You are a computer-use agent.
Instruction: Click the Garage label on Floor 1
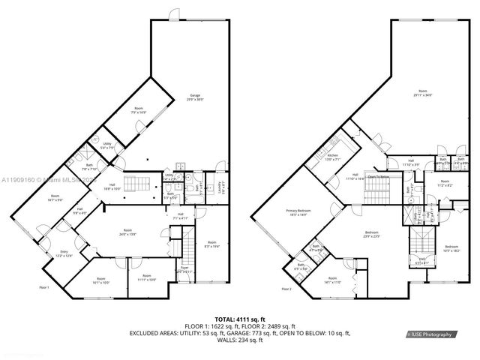coord(195,97)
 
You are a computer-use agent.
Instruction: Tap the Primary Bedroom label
coord(301,214)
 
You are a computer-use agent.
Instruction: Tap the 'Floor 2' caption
coord(286,288)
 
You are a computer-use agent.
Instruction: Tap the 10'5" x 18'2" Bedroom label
coord(451,249)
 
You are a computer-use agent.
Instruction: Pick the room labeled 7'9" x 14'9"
coord(138,111)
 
